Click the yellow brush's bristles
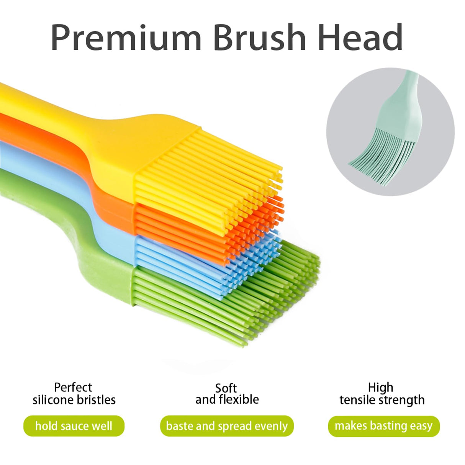(x=207, y=172)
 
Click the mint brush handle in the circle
(x=402, y=103)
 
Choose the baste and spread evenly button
(x=227, y=426)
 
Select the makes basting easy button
(x=383, y=426)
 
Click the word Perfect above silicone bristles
(x=73, y=387)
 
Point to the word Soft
(x=226, y=388)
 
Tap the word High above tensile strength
(x=380, y=387)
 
